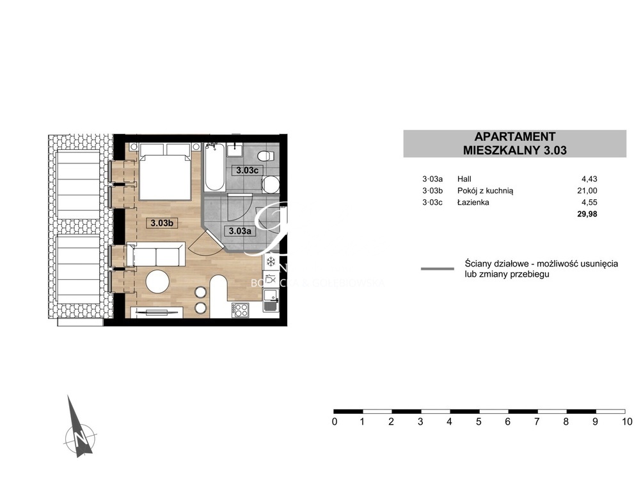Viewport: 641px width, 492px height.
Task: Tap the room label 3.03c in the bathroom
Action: (x=246, y=170)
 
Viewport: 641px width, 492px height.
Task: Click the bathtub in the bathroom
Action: (x=214, y=168)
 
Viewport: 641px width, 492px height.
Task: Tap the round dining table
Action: (x=157, y=281)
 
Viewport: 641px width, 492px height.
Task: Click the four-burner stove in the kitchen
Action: (x=241, y=310)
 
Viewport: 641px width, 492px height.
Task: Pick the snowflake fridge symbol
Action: (x=271, y=261)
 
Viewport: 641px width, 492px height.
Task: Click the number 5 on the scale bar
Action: (x=478, y=422)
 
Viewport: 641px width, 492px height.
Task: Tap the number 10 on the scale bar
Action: (x=626, y=422)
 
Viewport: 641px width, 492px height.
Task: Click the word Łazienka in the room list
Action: (x=474, y=202)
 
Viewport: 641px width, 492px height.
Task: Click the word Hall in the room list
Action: (x=464, y=179)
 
